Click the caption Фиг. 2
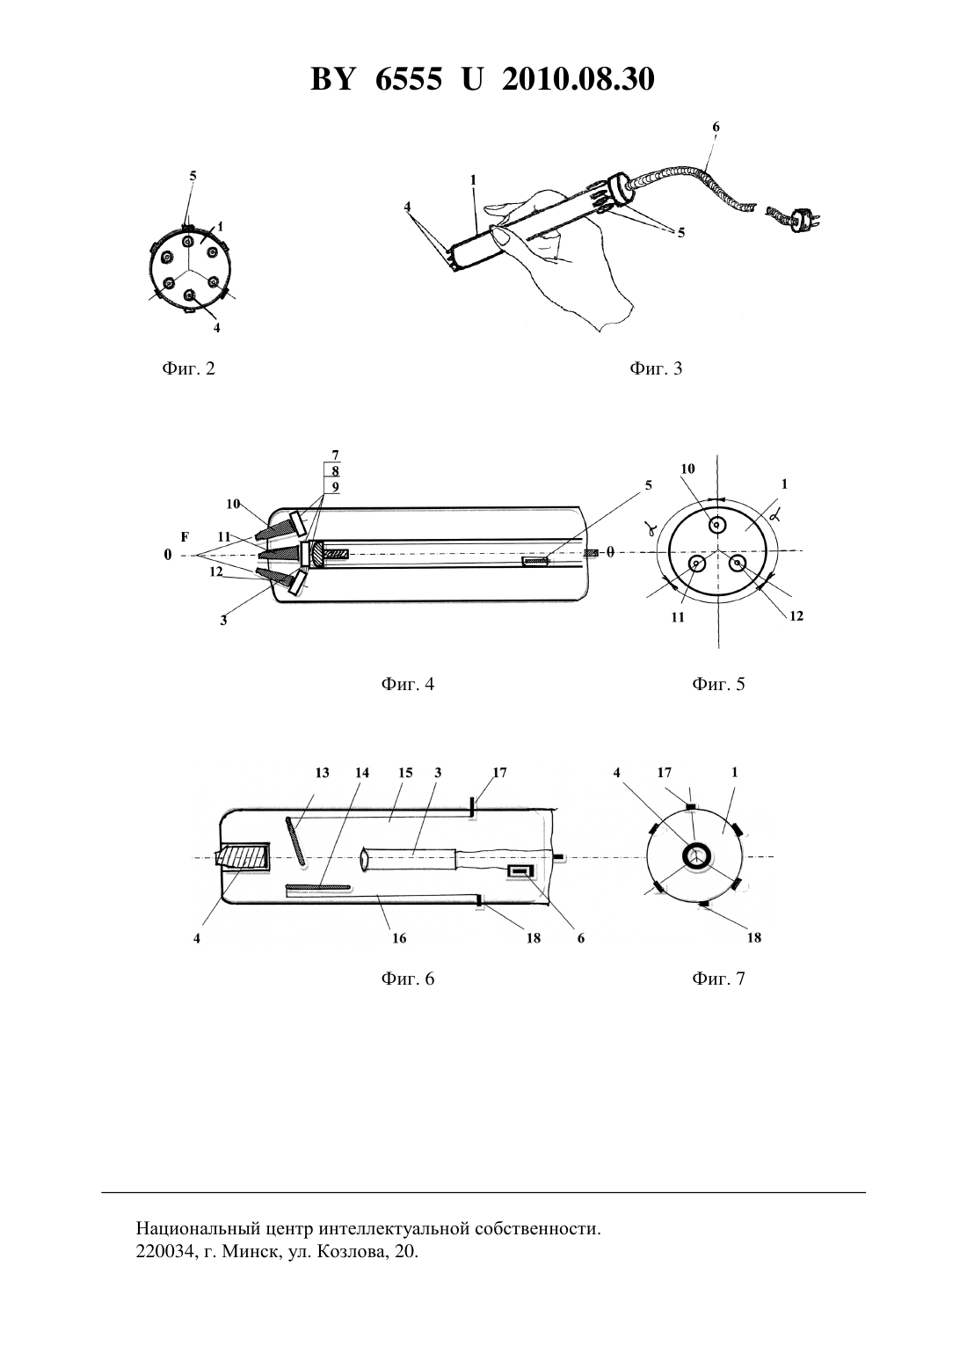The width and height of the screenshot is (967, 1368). point(189,368)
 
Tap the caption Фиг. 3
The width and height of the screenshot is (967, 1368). point(656,368)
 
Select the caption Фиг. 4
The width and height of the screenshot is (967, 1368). point(408,683)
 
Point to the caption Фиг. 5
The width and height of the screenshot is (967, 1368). point(718,683)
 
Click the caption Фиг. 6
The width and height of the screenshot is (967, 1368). point(408,979)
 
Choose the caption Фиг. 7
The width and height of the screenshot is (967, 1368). point(718,979)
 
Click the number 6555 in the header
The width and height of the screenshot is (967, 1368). point(408,79)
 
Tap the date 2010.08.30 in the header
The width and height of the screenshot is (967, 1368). point(578,79)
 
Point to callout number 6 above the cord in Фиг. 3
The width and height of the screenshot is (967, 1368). point(716,127)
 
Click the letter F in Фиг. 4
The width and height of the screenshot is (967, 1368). point(185,537)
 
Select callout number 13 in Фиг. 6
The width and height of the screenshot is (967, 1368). point(323,773)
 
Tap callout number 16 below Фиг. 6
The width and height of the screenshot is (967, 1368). point(398,938)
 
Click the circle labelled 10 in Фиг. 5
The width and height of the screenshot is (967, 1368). point(716,525)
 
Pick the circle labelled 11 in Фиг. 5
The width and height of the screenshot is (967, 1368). point(696,565)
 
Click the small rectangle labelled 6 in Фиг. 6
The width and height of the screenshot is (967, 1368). point(522,873)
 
